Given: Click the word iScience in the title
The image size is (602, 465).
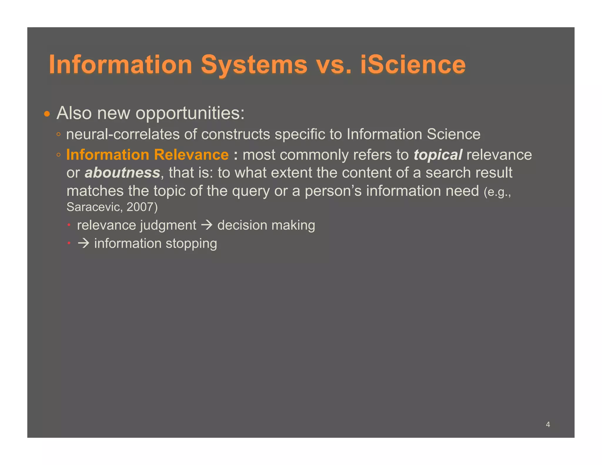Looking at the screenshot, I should (413, 65).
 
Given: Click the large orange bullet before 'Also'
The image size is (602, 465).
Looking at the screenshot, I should (47, 114).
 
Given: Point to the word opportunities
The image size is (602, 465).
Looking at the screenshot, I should (190, 113).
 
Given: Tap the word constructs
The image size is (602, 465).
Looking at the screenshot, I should (235, 134).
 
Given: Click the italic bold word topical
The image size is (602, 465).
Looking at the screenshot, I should (438, 155).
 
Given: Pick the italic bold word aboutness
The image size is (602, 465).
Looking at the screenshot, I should (123, 173).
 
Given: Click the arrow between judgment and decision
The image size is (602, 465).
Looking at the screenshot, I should (207, 225).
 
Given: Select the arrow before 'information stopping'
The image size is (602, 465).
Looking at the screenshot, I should (83, 243).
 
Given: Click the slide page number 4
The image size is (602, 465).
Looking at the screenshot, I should (548, 424).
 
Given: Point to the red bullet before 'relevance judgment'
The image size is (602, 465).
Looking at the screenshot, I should (69, 225).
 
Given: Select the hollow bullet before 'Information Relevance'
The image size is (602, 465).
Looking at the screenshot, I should (58, 155).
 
